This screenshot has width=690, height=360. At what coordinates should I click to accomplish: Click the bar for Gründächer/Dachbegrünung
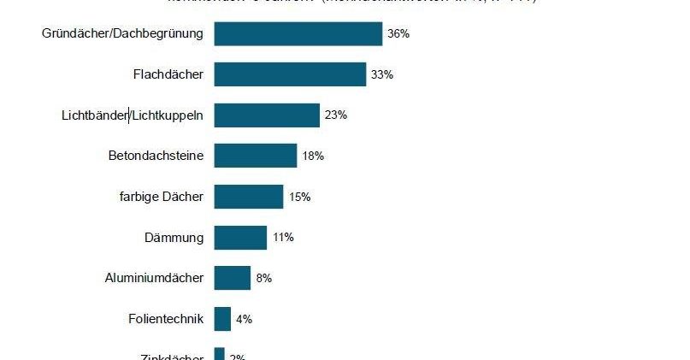pyautogui.click(x=298, y=34)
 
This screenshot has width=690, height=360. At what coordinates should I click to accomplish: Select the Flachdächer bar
pyautogui.click(x=290, y=74)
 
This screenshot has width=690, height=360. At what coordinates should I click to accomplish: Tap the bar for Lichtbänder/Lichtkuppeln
pyautogui.click(x=267, y=115)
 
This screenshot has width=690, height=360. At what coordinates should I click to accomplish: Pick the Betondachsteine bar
pyautogui.click(x=255, y=156)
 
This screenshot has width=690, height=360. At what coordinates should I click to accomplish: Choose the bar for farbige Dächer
pyautogui.click(x=248, y=197)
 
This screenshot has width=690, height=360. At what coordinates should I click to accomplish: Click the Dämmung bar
pyautogui.click(x=240, y=238)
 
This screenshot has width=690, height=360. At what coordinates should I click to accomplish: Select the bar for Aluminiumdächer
pyautogui.click(x=232, y=278)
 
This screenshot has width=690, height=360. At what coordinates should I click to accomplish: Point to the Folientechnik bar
pyautogui.click(x=222, y=319)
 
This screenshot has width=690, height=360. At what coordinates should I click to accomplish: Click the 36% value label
pyautogui.click(x=398, y=34)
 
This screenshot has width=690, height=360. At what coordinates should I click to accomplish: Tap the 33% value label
pyautogui.click(x=382, y=74)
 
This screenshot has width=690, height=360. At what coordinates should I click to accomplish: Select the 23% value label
pyautogui.click(x=336, y=115)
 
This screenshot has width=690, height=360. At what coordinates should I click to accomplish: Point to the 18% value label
pyautogui.click(x=313, y=156)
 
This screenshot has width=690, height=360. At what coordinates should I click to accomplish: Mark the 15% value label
pyautogui.click(x=299, y=197)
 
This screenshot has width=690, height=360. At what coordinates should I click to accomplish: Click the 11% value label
pyautogui.click(x=283, y=238)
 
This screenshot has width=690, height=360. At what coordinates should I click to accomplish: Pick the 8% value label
pyautogui.click(x=264, y=278)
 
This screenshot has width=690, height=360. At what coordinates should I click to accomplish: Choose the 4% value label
pyautogui.click(x=244, y=319)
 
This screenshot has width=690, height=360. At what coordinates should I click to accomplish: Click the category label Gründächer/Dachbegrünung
pyautogui.click(x=122, y=34)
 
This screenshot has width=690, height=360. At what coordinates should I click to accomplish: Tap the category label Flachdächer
pyautogui.click(x=168, y=74)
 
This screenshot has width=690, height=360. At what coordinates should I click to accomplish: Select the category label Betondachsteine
pyautogui.click(x=156, y=156)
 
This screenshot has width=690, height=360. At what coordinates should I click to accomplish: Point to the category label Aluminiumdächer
pyautogui.click(x=154, y=278)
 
